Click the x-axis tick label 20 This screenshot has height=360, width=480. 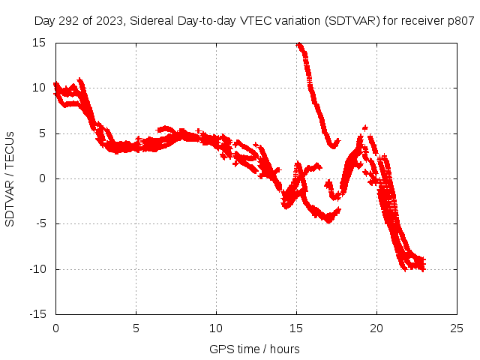[376, 328]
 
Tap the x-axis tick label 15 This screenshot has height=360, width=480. [296, 328]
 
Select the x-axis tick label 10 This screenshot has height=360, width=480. [216, 328]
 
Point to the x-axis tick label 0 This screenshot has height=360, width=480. [55, 328]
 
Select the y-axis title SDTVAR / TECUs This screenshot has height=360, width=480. [10, 178]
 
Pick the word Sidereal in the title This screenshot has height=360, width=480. [149, 21]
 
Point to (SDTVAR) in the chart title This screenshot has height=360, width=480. [352, 21]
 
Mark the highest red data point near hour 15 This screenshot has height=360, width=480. [298, 44]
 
